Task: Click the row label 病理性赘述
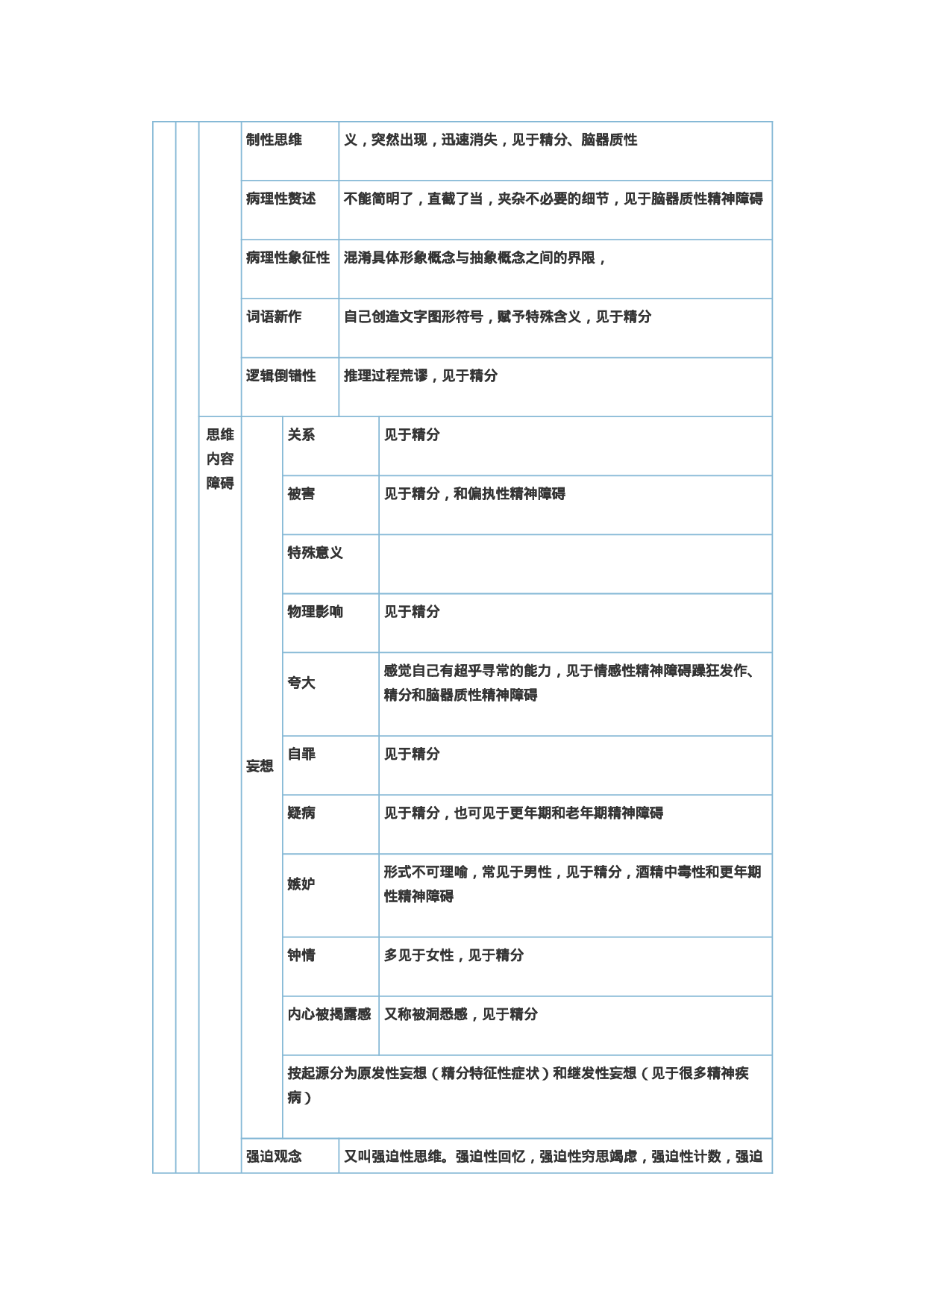[281, 199]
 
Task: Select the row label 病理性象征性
[288, 257]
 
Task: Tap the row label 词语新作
[274, 316]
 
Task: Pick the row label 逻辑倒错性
[281, 375]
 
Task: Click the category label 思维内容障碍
[220, 458]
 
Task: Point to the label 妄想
[260, 766]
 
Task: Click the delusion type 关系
[301, 434]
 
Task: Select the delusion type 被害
[301, 493]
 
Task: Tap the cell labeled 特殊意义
[316, 552]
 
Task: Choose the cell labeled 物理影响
[316, 611]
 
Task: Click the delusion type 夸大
[301, 682]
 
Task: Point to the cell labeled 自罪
[301, 754]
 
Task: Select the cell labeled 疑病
[301, 813]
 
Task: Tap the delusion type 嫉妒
[301, 884]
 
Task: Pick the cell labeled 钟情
[301, 955]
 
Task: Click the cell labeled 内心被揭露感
[329, 1013]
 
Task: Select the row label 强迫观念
[274, 1156]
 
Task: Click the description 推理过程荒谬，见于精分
[421, 375]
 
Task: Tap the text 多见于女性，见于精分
[454, 955]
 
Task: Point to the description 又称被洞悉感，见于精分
[460, 1013]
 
